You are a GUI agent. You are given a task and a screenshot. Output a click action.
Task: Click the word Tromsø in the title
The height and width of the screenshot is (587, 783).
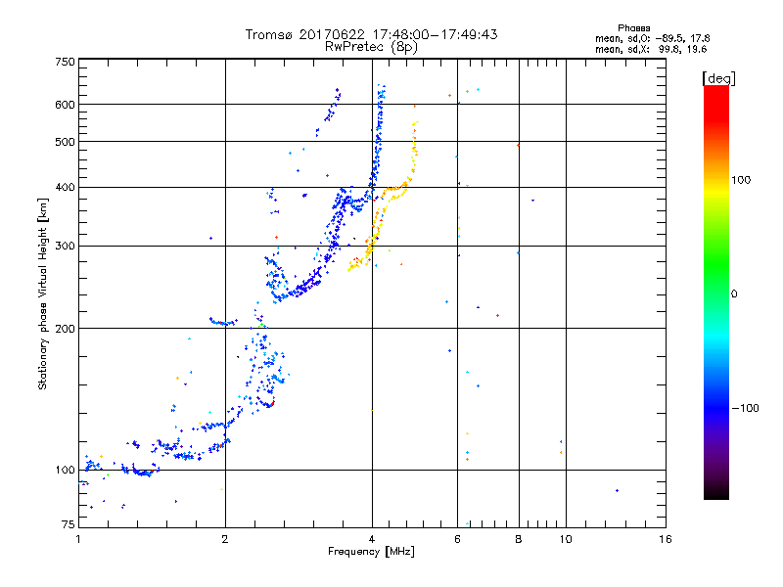click(x=269, y=34)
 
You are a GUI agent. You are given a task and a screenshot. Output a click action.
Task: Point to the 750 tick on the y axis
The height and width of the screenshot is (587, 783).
click(x=64, y=62)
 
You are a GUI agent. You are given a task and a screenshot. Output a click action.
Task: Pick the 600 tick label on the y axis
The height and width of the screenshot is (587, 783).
click(x=64, y=105)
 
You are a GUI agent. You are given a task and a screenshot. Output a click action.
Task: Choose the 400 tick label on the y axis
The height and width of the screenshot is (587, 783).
click(x=64, y=187)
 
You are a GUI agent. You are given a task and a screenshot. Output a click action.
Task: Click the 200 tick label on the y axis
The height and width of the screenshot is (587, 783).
click(x=64, y=329)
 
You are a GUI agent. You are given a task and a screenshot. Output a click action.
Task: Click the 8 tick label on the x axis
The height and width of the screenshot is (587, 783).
click(x=518, y=539)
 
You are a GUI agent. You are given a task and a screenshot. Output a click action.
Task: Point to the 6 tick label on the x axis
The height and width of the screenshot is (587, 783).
click(x=457, y=539)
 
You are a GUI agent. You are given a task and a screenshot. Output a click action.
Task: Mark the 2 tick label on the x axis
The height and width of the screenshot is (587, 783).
click(x=225, y=539)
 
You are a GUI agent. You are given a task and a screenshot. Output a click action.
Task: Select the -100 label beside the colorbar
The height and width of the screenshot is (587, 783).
click(x=746, y=407)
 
